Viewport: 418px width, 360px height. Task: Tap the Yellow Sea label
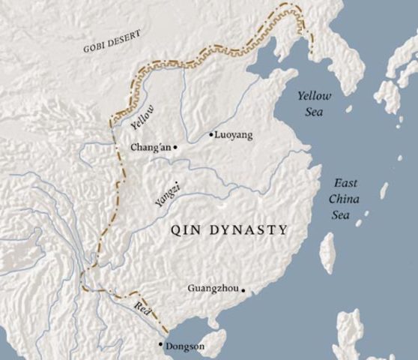click(x=314, y=103)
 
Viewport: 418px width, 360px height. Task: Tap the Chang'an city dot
click(x=175, y=148)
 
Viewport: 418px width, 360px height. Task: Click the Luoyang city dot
click(x=211, y=136)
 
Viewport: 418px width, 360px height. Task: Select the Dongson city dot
click(x=160, y=344)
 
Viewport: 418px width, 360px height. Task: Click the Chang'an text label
click(x=151, y=148)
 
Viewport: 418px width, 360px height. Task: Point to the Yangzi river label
click(x=167, y=193)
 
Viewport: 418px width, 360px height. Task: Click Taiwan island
click(x=327, y=252)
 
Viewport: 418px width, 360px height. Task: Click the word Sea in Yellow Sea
click(x=314, y=112)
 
